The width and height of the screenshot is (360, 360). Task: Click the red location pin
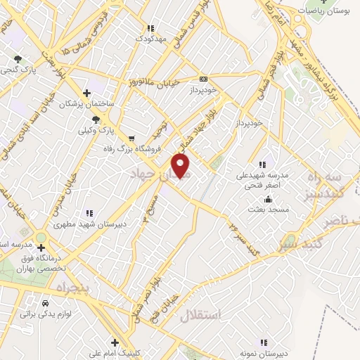click(x=181, y=167)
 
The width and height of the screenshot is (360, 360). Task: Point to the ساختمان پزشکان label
click(x=86, y=104)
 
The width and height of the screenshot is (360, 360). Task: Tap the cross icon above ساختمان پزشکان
click(x=86, y=93)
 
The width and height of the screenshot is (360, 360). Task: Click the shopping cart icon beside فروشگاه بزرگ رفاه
click(x=132, y=138)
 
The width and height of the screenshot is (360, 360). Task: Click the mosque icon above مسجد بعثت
click(x=258, y=199)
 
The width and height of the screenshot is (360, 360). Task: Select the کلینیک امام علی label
click(x=113, y=353)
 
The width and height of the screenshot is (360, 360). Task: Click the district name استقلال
click(x=200, y=315)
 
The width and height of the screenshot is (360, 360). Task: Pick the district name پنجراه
click(x=71, y=288)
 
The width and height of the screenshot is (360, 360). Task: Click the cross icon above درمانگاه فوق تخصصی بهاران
click(x=41, y=247)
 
